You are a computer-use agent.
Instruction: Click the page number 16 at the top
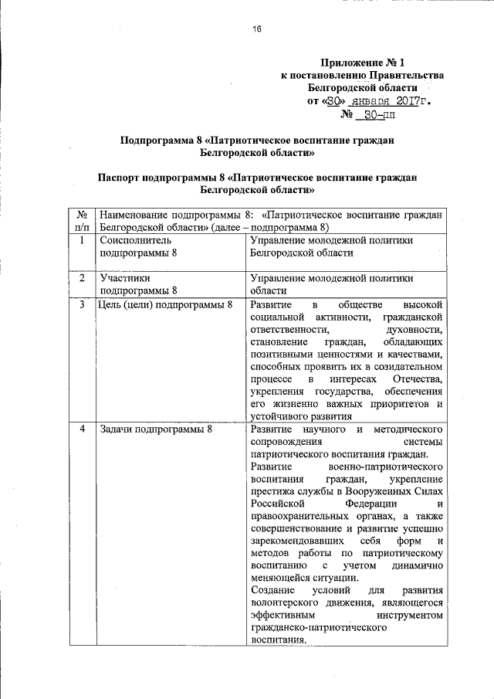[257, 29]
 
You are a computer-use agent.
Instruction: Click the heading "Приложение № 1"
[361, 61]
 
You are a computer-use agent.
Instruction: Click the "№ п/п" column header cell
[82, 221]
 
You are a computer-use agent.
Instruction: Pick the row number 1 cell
[82, 240]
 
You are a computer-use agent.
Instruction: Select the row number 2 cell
[82, 278]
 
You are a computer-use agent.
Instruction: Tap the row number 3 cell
[82, 305]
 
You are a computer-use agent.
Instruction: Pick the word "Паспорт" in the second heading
[119, 177]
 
